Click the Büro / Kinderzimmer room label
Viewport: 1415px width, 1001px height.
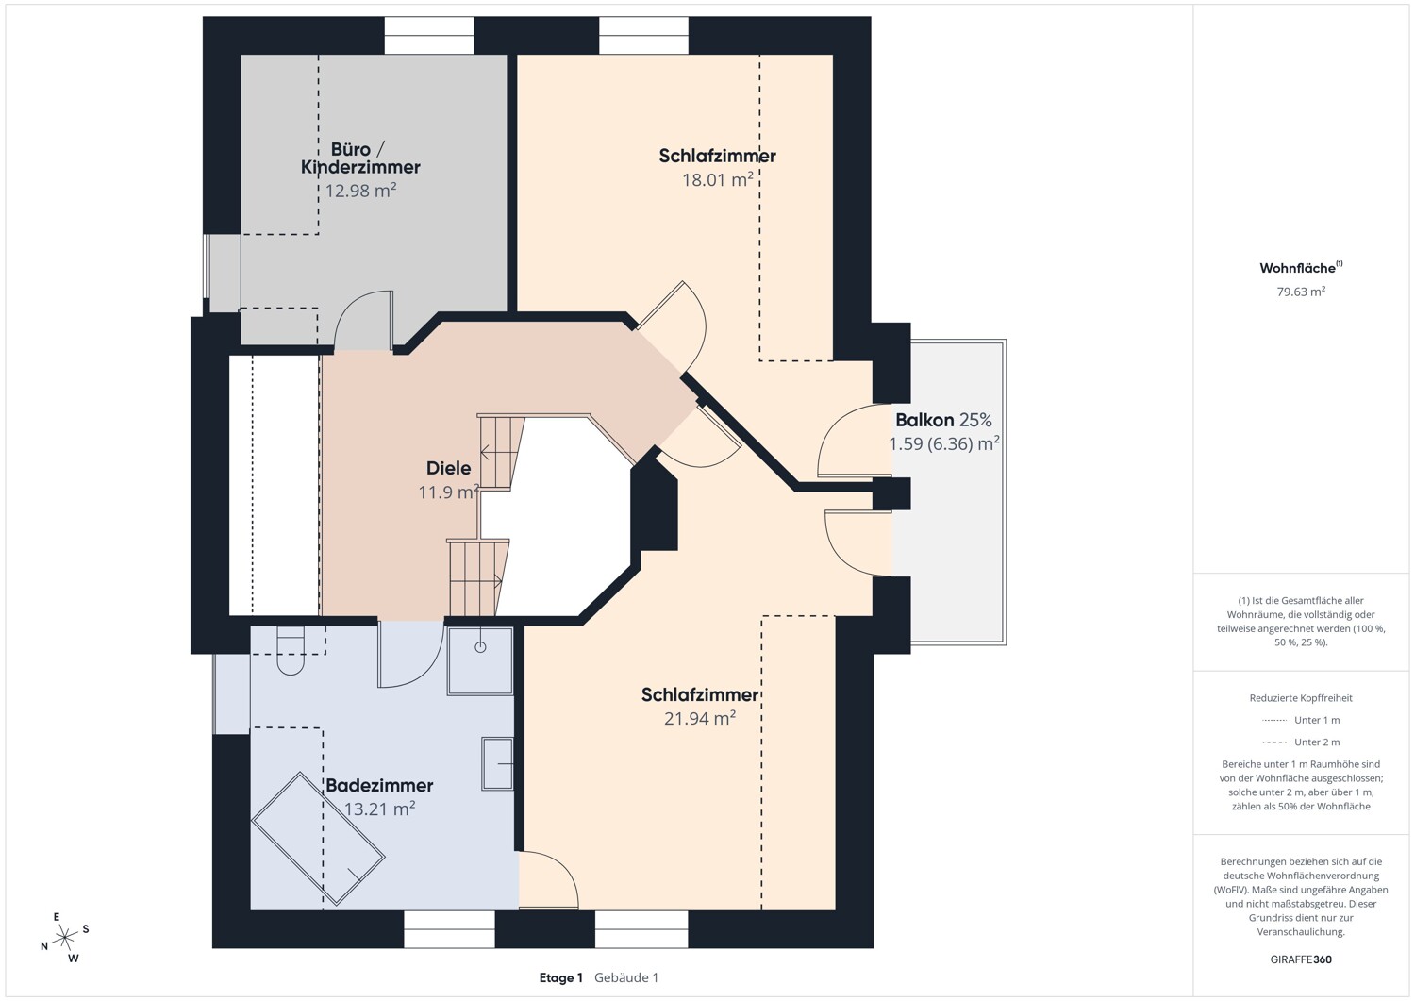(x=360, y=158)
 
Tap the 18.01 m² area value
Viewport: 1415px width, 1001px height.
(x=718, y=180)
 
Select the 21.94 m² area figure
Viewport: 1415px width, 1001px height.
(x=700, y=719)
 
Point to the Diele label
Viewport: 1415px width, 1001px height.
(x=448, y=468)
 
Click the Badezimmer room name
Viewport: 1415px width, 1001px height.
(x=379, y=786)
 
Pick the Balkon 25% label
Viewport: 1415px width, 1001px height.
(x=943, y=420)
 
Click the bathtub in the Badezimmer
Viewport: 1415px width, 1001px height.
(x=318, y=839)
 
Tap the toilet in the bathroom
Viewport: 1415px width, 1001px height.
(x=291, y=650)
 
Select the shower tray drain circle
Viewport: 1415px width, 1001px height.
(x=480, y=647)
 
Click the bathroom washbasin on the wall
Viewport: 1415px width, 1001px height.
(x=498, y=763)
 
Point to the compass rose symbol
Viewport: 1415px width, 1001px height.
(x=64, y=937)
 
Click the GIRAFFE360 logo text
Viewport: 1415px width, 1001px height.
(x=1301, y=959)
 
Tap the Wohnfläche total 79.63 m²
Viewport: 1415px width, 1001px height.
(x=1301, y=292)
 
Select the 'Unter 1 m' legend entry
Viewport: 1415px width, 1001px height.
(x=1301, y=720)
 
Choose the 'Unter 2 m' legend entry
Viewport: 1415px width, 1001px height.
(x=1301, y=742)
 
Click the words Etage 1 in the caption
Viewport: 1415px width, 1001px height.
(x=561, y=977)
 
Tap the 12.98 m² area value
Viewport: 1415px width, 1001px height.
(x=360, y=191)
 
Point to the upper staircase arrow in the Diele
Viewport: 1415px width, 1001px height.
(x=499, y=453)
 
